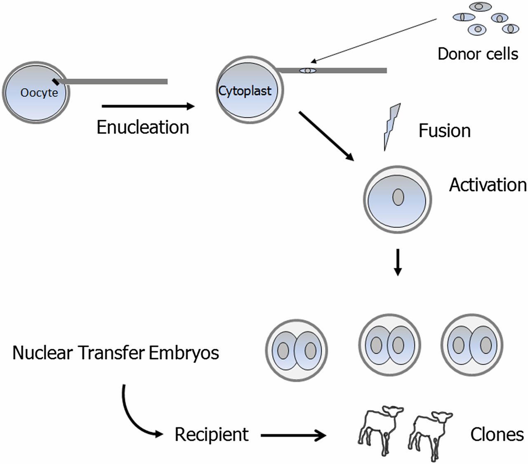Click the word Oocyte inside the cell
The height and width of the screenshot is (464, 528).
click(39, 92)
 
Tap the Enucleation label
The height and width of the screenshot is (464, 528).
click(143, 127)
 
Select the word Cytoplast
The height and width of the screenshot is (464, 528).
click(245, 90)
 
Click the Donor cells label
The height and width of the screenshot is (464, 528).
click(478, 54)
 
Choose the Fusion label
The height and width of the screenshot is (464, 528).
click(444, 131)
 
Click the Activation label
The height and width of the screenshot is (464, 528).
click(488, 185)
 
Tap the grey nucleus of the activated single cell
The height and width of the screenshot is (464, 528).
click(398, 197)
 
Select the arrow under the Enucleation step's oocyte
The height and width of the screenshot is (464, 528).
click(148, 107)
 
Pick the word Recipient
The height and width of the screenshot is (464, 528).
click(212, 434)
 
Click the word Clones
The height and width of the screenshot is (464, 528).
click(497, 434)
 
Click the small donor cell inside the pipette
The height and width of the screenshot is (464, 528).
click(308, 71)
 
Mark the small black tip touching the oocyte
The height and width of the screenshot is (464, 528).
click(56, 82)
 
